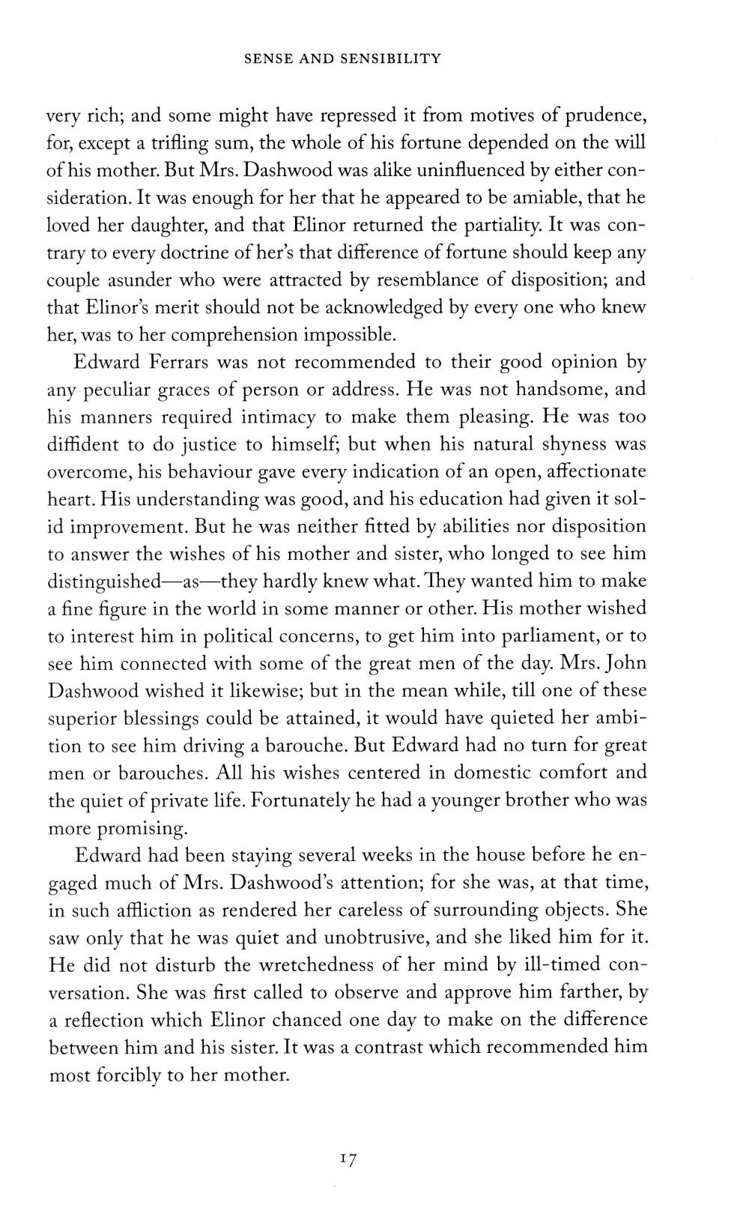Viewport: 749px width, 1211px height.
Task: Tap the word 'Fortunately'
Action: (x=301, y=800)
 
